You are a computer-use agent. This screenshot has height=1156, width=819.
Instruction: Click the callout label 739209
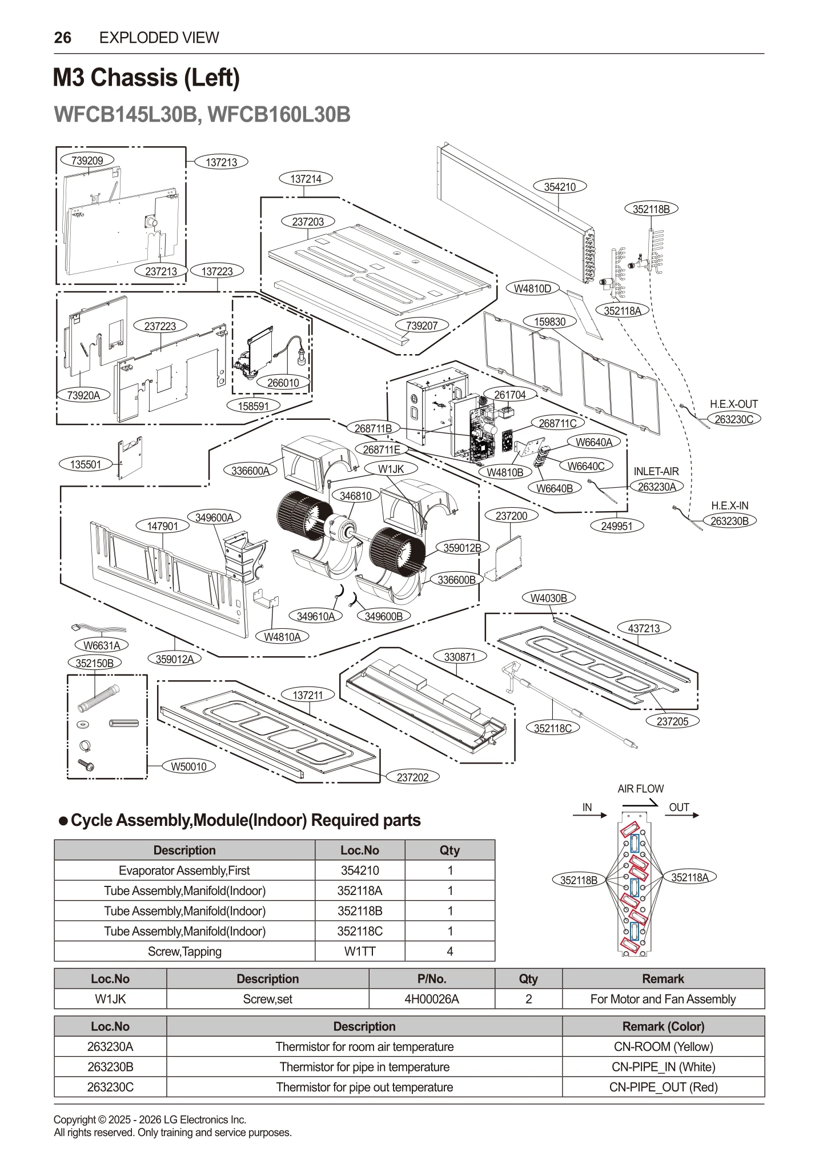click(x=87, y=160)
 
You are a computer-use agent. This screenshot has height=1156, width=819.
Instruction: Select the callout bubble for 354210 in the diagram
click(x=559, y=187)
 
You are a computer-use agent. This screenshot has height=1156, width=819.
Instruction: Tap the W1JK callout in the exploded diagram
click(x=391, y=469)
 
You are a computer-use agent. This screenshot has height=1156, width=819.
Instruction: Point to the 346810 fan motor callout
click(x=355, y=496)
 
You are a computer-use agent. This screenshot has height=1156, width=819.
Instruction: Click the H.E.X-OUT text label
click(x=733, y=404)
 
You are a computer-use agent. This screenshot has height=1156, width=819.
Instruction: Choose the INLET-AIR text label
click(x=656, y=471)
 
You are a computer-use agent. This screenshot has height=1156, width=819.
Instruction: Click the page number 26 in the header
click(x=62, y=38)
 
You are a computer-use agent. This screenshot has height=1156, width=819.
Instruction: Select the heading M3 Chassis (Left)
click(x=146, y=78)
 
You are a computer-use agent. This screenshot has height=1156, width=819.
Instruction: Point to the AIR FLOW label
click(x=640, y=789)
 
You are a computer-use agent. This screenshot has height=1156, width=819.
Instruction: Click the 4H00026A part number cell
click(x=431, y=999)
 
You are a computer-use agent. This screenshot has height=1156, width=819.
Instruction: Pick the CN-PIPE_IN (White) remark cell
click(x=663, y=1067)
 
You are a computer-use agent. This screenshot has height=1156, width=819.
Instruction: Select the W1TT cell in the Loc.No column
click(x=359, y=952)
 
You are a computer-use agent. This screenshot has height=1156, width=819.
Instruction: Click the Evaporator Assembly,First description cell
click(x=184, y=870)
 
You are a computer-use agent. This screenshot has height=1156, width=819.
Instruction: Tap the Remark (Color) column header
click(x=663, y=1026)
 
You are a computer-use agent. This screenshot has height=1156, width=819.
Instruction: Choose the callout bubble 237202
click(x=412, y=777)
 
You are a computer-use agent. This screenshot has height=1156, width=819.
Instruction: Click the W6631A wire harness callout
click(x=102, y=645)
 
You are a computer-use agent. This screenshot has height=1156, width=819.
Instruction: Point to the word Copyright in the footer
click(x=75, y=1120)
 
